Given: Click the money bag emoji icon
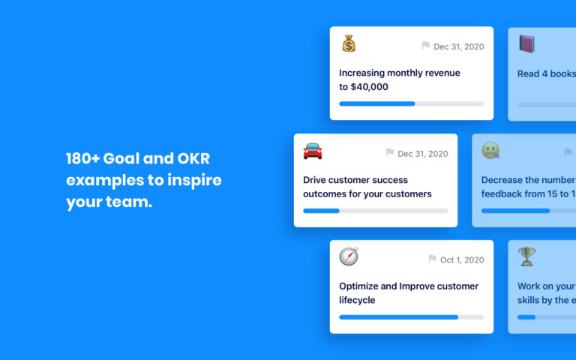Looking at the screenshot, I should [x=349, y=43].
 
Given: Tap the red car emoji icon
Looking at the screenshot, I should [x=313, y=151].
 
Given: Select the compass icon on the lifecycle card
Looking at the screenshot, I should [x=349, y=256].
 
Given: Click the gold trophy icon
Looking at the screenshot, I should [x=527, y=256].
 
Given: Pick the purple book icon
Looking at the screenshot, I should [x=527, y=44].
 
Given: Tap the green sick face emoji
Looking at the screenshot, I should [x=491, y=151].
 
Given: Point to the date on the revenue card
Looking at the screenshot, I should [x=458, y=46].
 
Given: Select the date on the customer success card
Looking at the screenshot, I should [x=422, y=154].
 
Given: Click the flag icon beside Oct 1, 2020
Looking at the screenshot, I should [x=432, y=259].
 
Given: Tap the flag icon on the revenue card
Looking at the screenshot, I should [x=426, y=46].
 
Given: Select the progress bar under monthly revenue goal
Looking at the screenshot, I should [x=411, y=103].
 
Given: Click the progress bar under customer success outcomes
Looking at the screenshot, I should [x=375, y=211].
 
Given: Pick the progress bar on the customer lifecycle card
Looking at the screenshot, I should [x=411, y=317].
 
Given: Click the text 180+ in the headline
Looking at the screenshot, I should [x=82, y=159].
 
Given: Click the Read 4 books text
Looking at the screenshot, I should [x=546, y=73].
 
